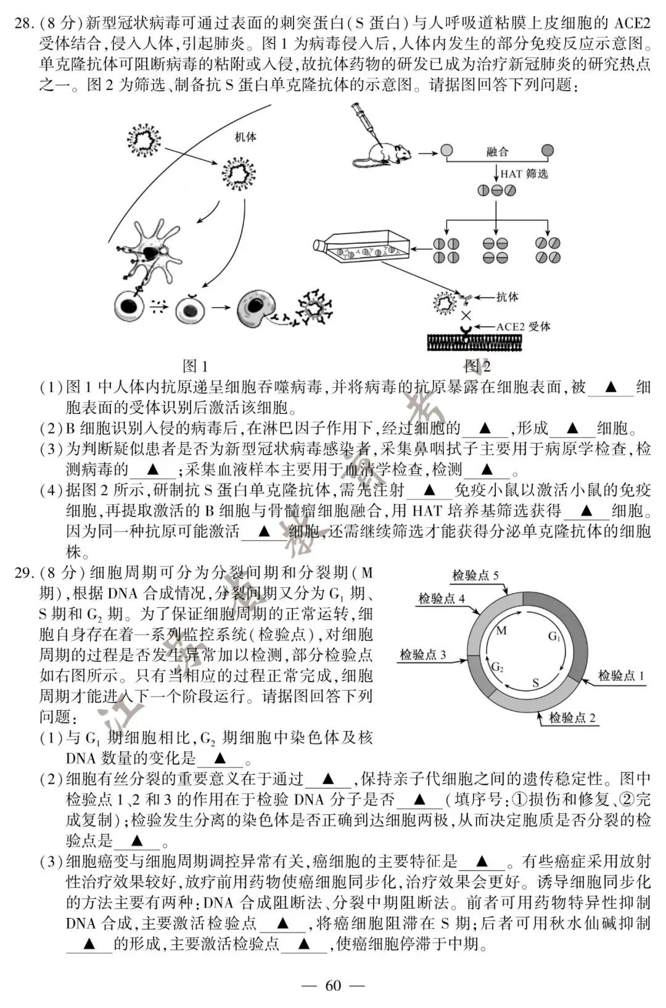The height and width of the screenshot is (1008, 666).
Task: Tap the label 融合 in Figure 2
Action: pos(497,152)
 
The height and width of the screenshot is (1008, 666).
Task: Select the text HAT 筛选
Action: pos(524,174)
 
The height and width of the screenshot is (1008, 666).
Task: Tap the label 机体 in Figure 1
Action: pos(245,137)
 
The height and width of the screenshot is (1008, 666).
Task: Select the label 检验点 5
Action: pos(475,576)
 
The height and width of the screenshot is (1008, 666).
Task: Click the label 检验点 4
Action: pos(442,598)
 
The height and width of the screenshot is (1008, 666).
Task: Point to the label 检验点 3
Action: pos(423,655)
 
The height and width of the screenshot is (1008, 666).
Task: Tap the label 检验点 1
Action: pos(621,675)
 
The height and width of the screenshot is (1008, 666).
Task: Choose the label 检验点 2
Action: pos(572,717)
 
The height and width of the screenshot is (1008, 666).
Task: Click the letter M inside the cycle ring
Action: pos(501,630)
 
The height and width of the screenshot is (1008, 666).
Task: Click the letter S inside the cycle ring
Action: pos(535,683)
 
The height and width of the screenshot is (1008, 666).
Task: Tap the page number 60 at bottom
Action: pos(332,985)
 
